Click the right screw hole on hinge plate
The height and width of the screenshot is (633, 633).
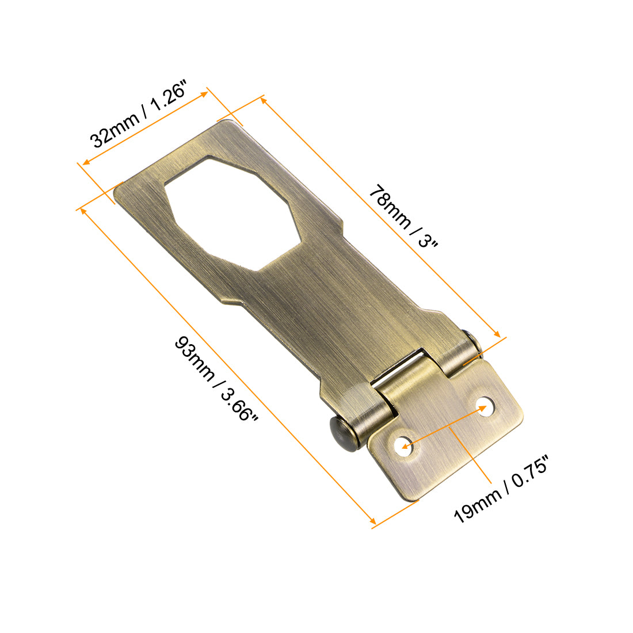[486, 406]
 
